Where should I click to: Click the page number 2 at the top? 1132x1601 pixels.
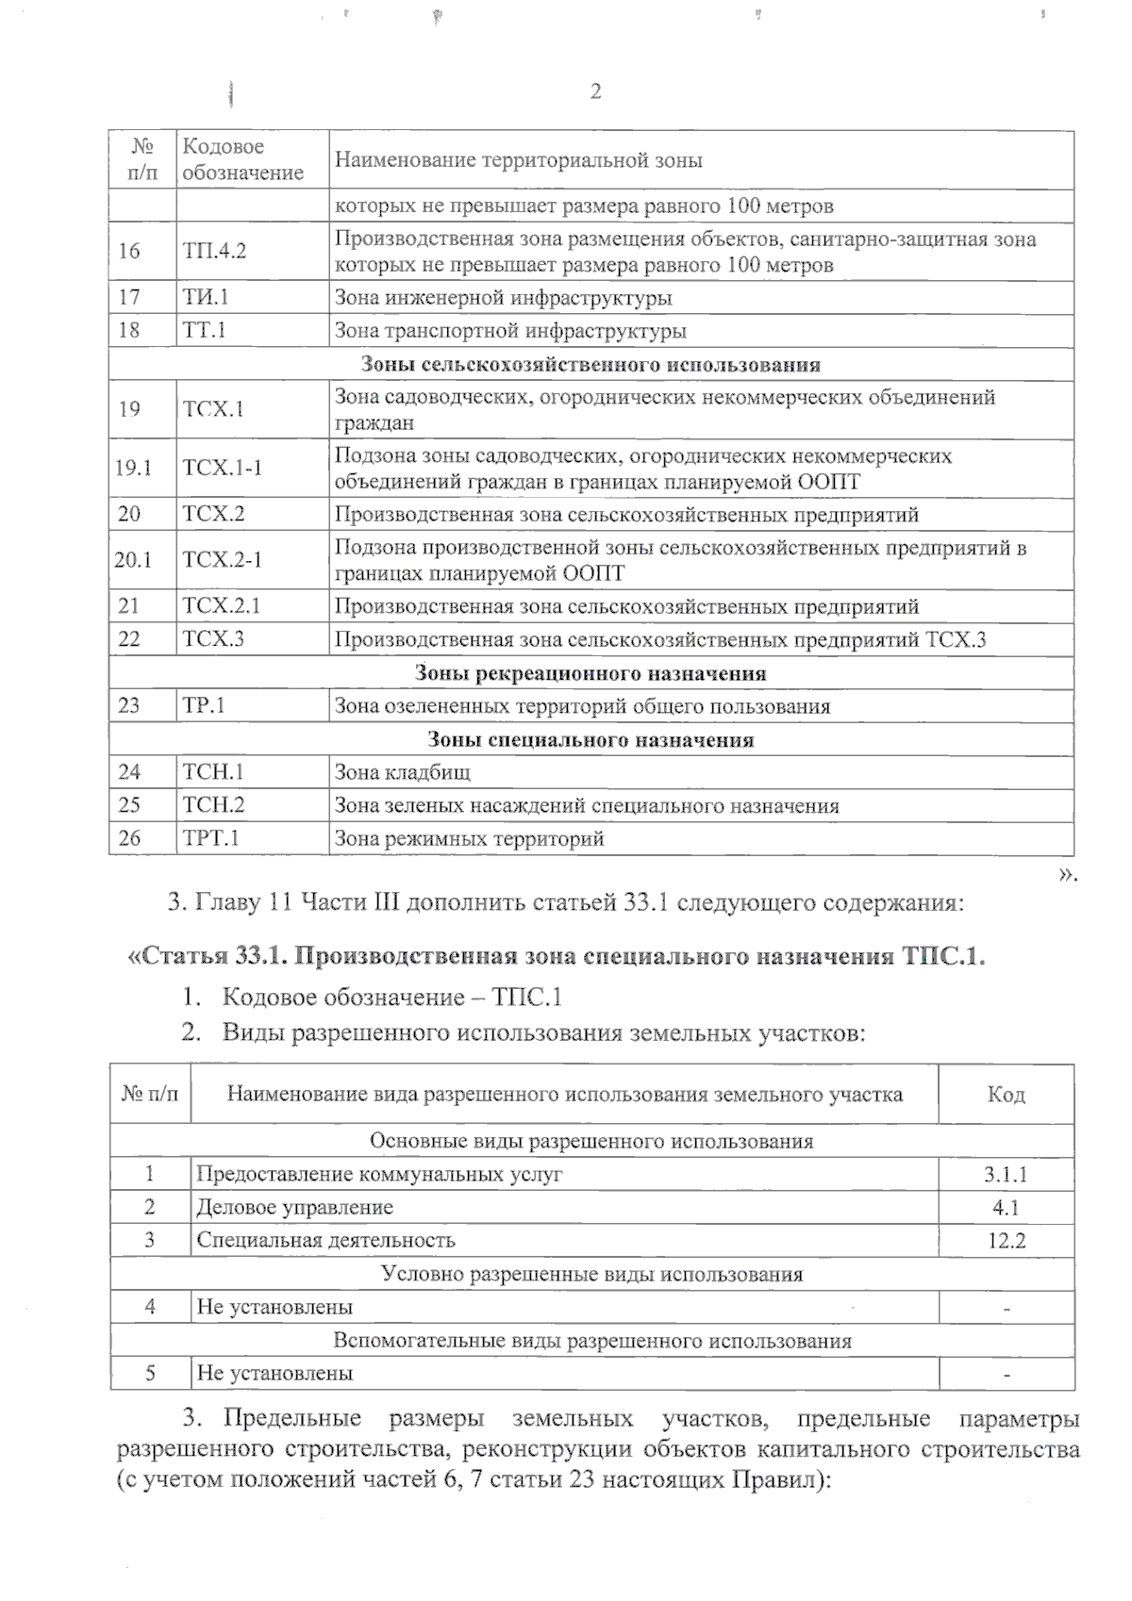click(595, 91)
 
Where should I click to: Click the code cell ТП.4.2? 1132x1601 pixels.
click(214, 251)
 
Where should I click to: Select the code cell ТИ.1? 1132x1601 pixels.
click(207, 298)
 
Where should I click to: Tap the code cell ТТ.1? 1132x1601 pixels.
click(205, 330)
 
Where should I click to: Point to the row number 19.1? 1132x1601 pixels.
click(133, 468)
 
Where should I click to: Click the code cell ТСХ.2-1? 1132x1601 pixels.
click(223, 559)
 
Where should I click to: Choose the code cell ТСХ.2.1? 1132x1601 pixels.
click(222, 606)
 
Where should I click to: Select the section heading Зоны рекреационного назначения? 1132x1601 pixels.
click(591, 673)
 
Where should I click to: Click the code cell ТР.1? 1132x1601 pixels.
click(204, 706)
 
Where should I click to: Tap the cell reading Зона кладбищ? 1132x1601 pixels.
click(403, 772)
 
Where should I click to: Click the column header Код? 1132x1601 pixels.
click(1006, 1095)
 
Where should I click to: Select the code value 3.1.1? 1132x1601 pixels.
click(1006, 1175)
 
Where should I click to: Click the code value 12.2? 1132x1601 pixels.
click(1006, 1241)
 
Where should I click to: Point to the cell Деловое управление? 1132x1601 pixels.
click(294, 1208)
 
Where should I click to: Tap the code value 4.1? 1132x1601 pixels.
click(1006, 1208)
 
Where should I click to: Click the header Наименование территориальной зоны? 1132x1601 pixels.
click(518, 160)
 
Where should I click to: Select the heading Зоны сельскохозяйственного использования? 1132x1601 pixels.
click(591, 364)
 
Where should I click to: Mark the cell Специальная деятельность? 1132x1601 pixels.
click(325, 1241)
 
